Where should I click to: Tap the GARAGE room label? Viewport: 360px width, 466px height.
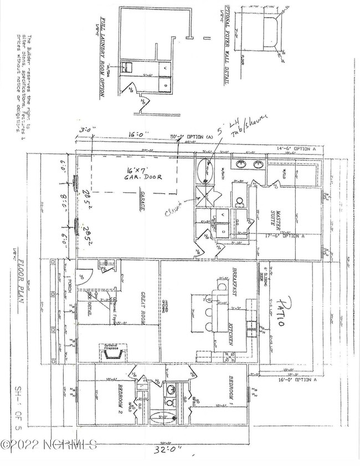coord(142,202)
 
